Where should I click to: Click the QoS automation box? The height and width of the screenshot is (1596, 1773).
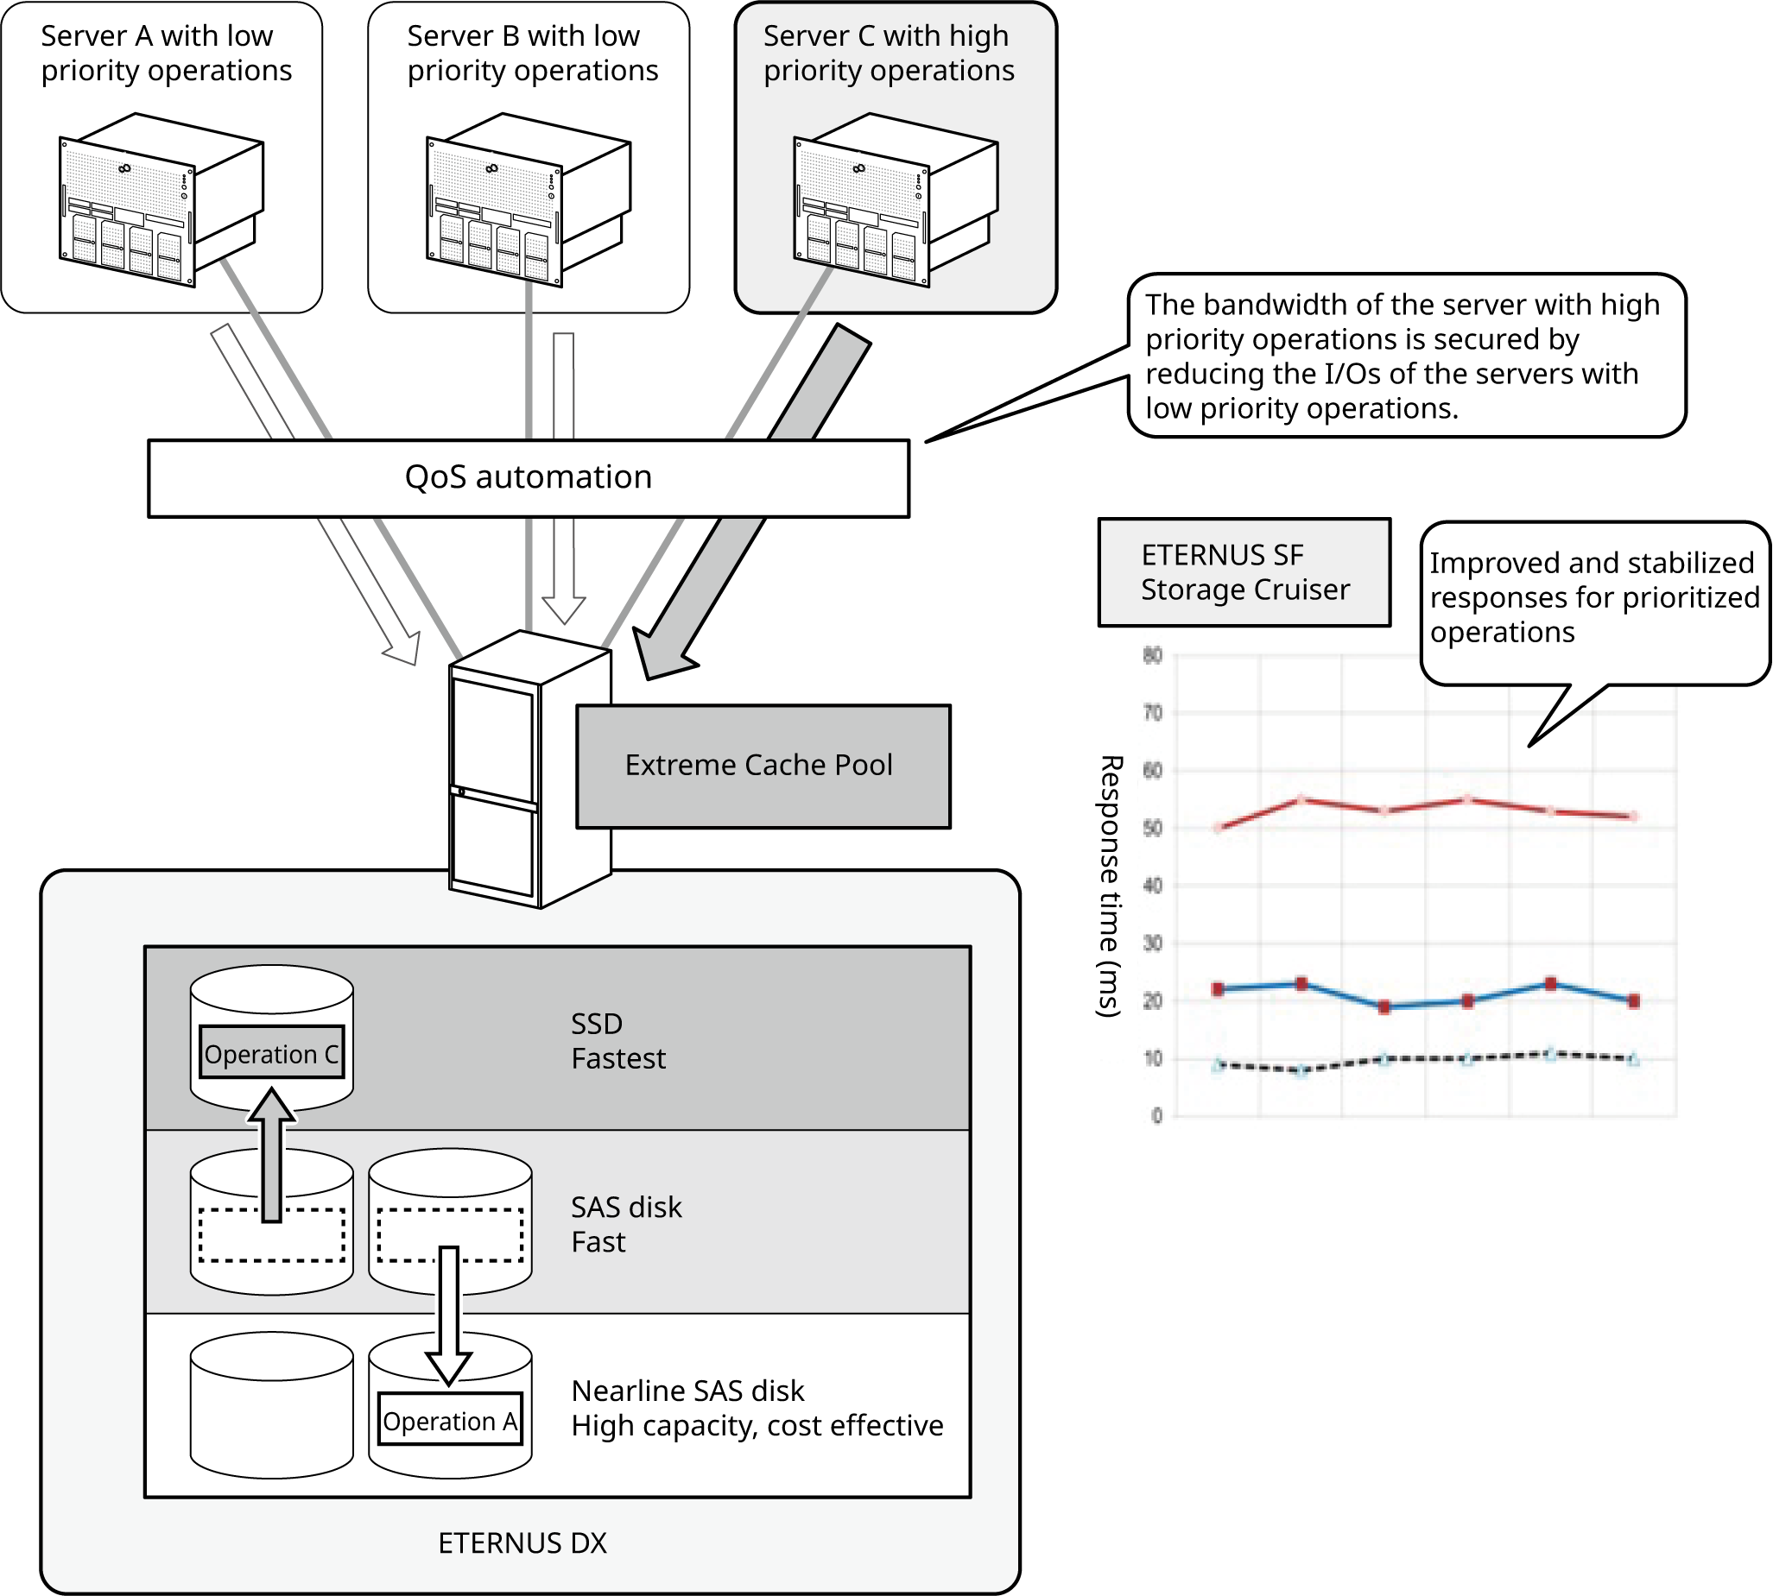pos(529,478)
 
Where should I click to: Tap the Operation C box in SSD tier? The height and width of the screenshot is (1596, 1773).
pos(271,1053)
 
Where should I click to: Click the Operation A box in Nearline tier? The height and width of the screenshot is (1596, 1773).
pos(450,1421)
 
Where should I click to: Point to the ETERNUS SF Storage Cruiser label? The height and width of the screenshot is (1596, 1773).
pos(1243,572)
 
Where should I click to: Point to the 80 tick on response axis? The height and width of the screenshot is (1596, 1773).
pos(1152,655)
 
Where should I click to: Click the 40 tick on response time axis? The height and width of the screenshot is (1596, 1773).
pos(1152,886)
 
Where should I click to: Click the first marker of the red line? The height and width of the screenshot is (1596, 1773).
pos(1218,828)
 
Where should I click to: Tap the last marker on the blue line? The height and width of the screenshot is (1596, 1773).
pos(1633,1000)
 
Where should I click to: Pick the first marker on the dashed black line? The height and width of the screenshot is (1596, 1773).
pos(1218,1065)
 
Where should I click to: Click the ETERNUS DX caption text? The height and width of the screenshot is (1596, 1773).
pos(522,1542)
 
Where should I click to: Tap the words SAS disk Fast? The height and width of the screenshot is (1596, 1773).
pos(625,1224)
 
